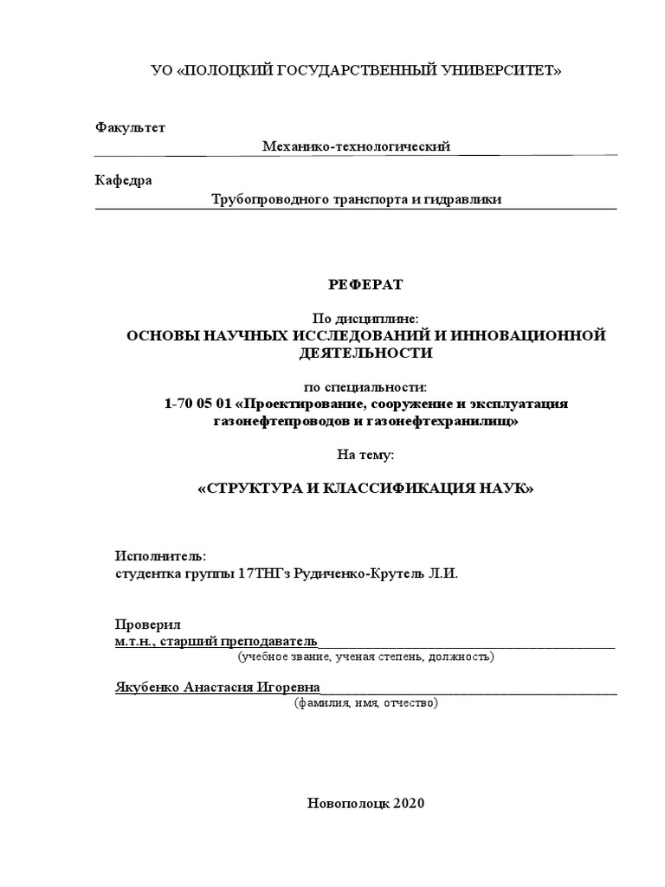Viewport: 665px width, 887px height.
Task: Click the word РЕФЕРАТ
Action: coord(366,284)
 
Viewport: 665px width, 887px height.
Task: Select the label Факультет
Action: coord(130,127)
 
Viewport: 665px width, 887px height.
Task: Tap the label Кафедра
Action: coord(123,180)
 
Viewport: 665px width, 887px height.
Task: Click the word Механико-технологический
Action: coord(357,147)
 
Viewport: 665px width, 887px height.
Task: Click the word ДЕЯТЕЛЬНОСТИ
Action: coord(366,353)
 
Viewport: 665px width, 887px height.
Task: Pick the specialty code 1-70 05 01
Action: coord(198,404)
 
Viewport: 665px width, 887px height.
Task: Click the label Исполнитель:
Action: coord(161,556)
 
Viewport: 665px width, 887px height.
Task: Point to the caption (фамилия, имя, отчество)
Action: coord(366,702)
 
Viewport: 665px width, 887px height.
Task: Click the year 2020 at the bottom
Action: coord(409,803)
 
